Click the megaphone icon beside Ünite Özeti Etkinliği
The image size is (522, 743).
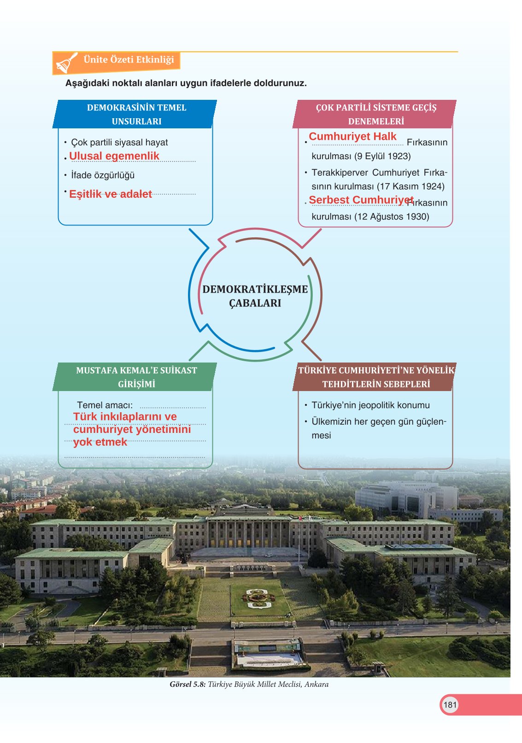point(66,63)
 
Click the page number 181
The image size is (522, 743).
point(450,704)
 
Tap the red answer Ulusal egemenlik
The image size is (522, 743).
point(114,156)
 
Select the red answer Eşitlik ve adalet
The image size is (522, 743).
point(111,194)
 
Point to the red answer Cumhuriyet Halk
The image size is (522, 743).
point(352,137)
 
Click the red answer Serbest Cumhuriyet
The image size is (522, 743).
point(361,200)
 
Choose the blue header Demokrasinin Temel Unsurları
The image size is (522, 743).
point(136,114)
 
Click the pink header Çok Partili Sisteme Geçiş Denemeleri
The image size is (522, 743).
point(375,114)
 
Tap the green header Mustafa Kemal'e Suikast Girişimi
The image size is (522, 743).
point(136,377)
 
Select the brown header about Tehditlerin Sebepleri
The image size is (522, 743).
point(375,377)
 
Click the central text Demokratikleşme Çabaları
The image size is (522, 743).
point(255,296)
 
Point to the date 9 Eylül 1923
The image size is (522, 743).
point(382,156)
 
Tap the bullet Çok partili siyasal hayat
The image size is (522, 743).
point(119,143)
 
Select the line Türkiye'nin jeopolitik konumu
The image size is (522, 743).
point(370,405)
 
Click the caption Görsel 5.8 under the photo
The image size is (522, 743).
point(249,684)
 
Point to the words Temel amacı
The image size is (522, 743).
point(105,405)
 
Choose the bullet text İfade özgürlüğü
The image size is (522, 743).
point(103,175)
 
